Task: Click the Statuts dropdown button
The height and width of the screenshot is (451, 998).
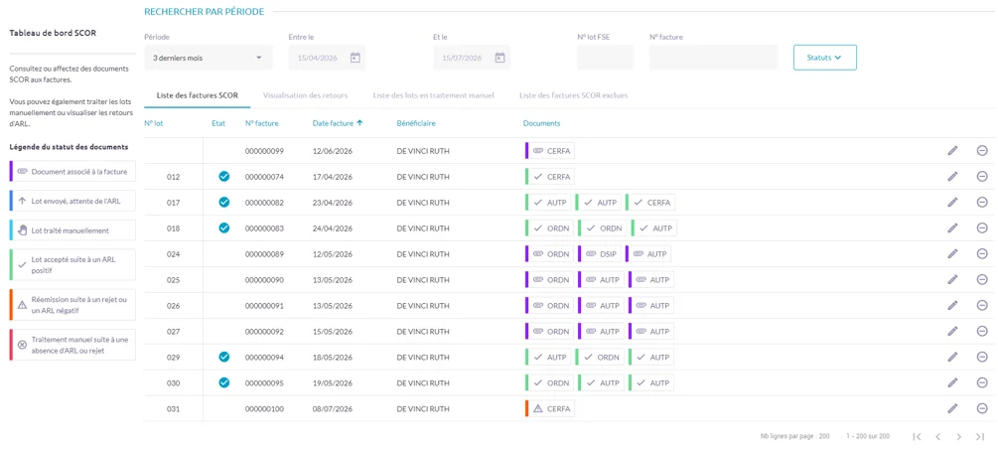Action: [824, 58]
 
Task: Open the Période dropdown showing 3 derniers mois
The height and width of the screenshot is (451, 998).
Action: [209, 58]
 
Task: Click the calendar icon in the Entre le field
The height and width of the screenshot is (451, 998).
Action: [356, 58]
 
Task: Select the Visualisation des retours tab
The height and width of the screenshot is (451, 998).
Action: [306, 95]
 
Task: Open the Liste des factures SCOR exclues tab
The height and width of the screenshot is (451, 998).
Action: [573, 95]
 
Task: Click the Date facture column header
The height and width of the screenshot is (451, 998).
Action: [338, 123]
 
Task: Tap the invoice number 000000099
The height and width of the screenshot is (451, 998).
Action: [264, 151]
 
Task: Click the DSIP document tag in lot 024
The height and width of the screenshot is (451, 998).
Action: [599, 254]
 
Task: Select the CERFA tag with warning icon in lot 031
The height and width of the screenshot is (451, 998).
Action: [550, 409]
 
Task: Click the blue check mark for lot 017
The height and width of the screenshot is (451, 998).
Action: [223, 203]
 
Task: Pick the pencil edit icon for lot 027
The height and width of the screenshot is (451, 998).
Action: [952, 331]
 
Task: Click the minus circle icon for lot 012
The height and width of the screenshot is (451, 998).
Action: [982, 177]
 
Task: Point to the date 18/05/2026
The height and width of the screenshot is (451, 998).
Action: [333, 358]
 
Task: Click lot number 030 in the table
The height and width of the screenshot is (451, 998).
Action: [174, 383]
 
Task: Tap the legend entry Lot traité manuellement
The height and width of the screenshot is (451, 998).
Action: [72, 230]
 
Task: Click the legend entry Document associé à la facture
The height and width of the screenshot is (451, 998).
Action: [72, 171]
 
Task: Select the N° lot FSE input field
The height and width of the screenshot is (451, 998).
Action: [606, 58]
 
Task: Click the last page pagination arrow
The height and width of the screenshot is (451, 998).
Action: [980, 437]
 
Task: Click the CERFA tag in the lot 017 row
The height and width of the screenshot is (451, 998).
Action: [650, 203]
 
